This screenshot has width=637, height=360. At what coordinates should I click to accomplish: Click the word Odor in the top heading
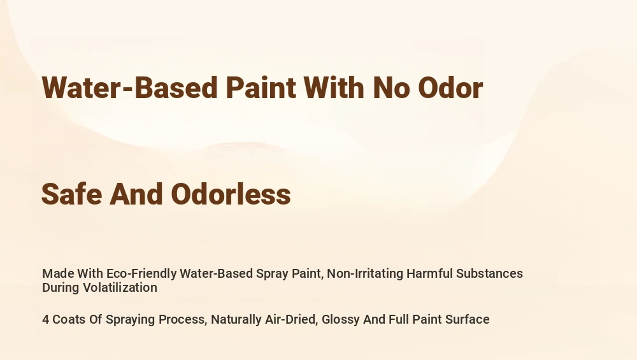(x=450, y=87)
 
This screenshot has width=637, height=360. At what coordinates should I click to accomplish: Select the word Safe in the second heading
(x=72, y=194)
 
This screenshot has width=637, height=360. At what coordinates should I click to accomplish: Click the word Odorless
(x=231, y=194)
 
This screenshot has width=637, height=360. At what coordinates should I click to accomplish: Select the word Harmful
(x=429, y=273)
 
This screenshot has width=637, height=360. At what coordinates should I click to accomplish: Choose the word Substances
(x=489, y=273)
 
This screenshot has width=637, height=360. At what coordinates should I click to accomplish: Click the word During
(x=61, y=287)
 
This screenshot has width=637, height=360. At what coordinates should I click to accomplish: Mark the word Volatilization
(x=120, y=287)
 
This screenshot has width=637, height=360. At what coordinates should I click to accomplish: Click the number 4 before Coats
(x=45, y=319)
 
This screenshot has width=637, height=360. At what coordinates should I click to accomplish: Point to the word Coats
(x=69, y=319)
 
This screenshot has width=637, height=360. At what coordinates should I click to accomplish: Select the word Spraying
(x=130, y=319)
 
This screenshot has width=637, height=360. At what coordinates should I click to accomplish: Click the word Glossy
(x=340, y=319)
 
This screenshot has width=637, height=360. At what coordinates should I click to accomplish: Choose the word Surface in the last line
(x=468, y=319)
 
